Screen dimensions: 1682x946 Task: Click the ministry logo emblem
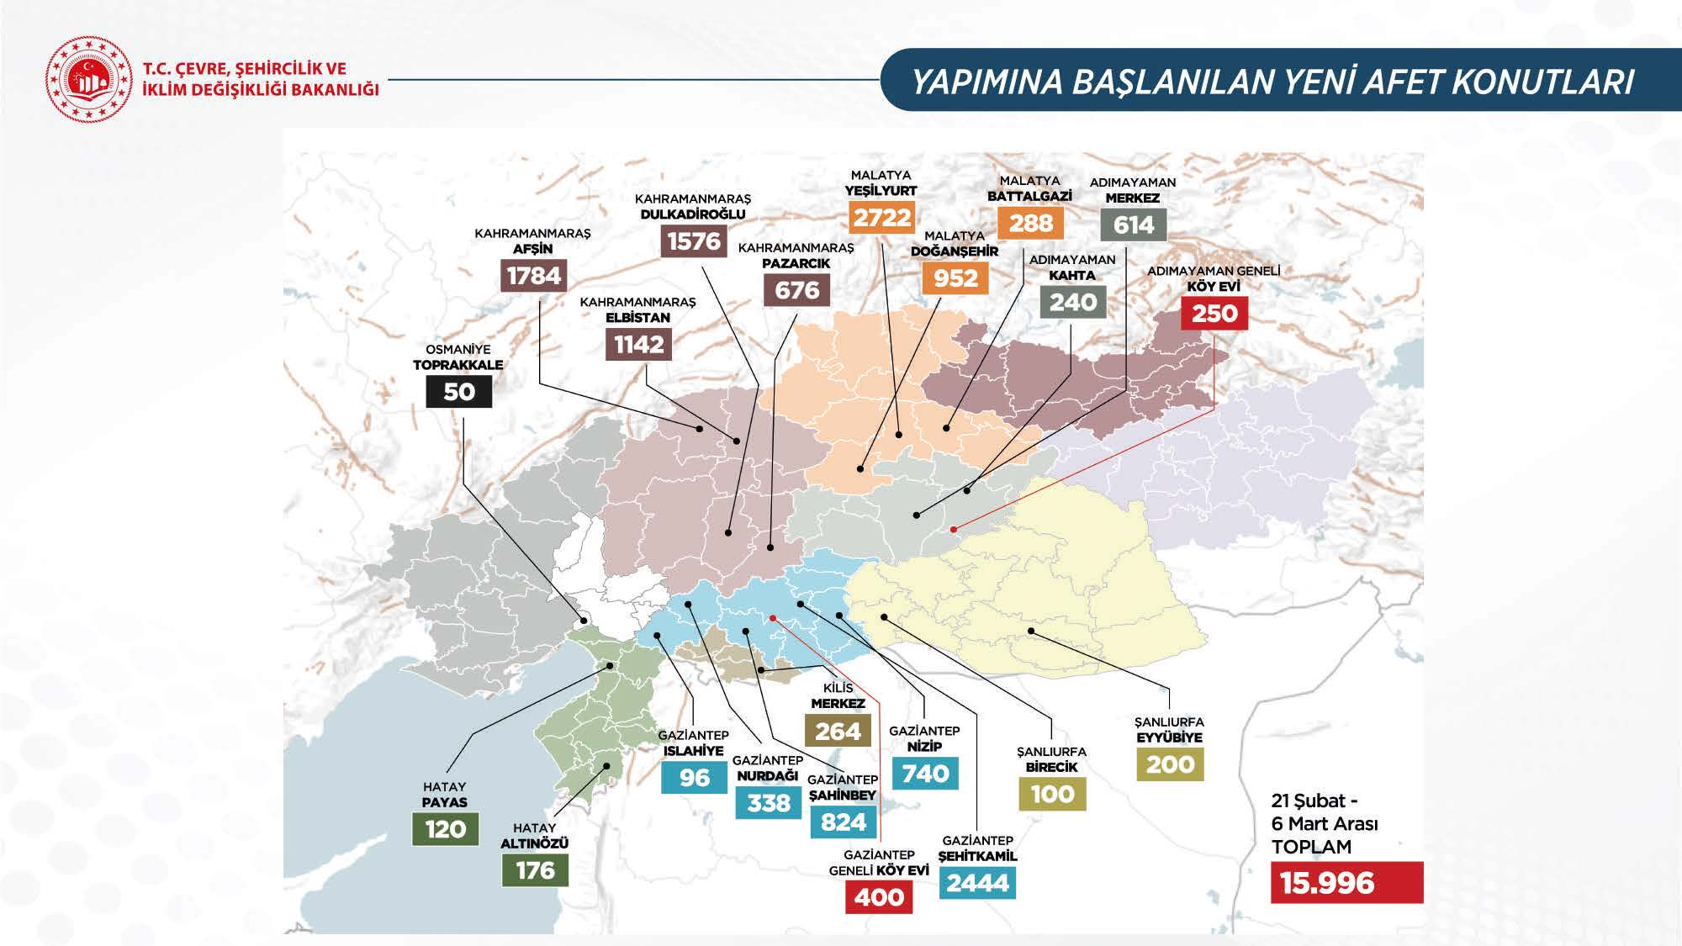click(89, 79)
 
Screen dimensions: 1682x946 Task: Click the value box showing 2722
click(881, 218)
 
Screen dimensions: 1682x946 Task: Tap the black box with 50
click(458, 392)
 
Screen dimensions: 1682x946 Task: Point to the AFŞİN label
click(533, 249)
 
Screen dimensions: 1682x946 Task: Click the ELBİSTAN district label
click(638, 318)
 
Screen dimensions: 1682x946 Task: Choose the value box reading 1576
click(694, 241)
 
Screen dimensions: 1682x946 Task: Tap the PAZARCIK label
click(796, 263)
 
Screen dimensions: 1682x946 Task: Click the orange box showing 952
click(955, 277)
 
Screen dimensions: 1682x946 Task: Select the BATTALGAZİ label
click(1029, 196)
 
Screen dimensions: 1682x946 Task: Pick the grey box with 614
click(1133, 225)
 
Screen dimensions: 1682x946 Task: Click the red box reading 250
click(1214, 314)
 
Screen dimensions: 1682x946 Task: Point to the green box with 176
click(535, 869)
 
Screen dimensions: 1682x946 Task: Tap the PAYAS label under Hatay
click(444, 802)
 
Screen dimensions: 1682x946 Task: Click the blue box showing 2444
click(978, 883)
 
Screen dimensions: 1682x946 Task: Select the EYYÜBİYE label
click(1169, 737)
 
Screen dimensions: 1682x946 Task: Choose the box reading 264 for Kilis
click(838, 732)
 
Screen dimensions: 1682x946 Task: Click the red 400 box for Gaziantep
click(879, 897)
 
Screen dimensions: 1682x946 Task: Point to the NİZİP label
click(924, 746)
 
